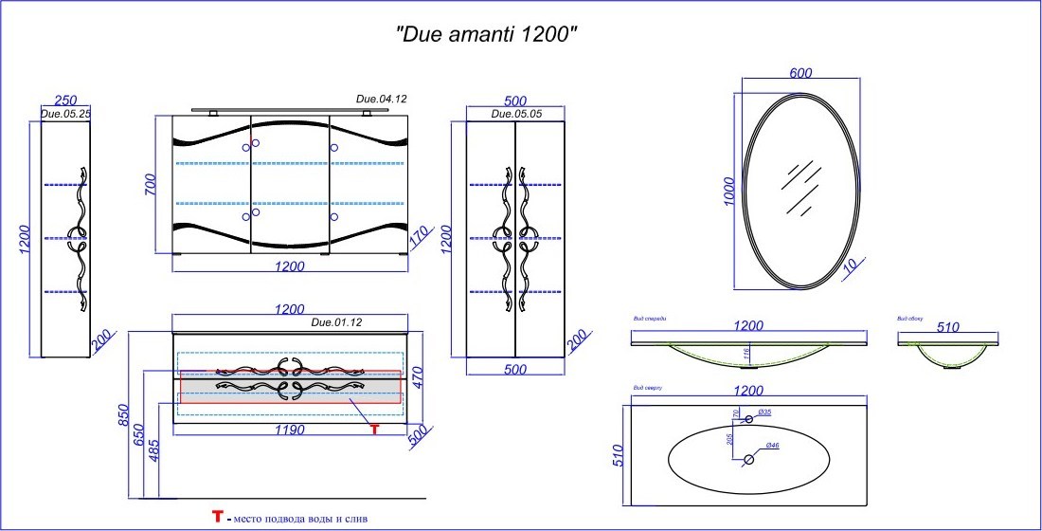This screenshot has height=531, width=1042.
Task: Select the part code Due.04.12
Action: [381, 99]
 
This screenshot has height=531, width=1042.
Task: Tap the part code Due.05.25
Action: [65, 114]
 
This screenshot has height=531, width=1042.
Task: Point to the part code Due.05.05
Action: [516, 114]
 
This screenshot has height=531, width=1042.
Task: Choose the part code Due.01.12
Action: [337, 322]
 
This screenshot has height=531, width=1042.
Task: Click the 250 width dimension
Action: [65, 100]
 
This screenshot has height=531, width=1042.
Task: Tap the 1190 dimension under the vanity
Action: [289, 430]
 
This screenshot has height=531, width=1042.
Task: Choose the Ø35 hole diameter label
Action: [764, 413]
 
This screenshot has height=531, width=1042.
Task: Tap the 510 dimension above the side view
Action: [947, 327]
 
